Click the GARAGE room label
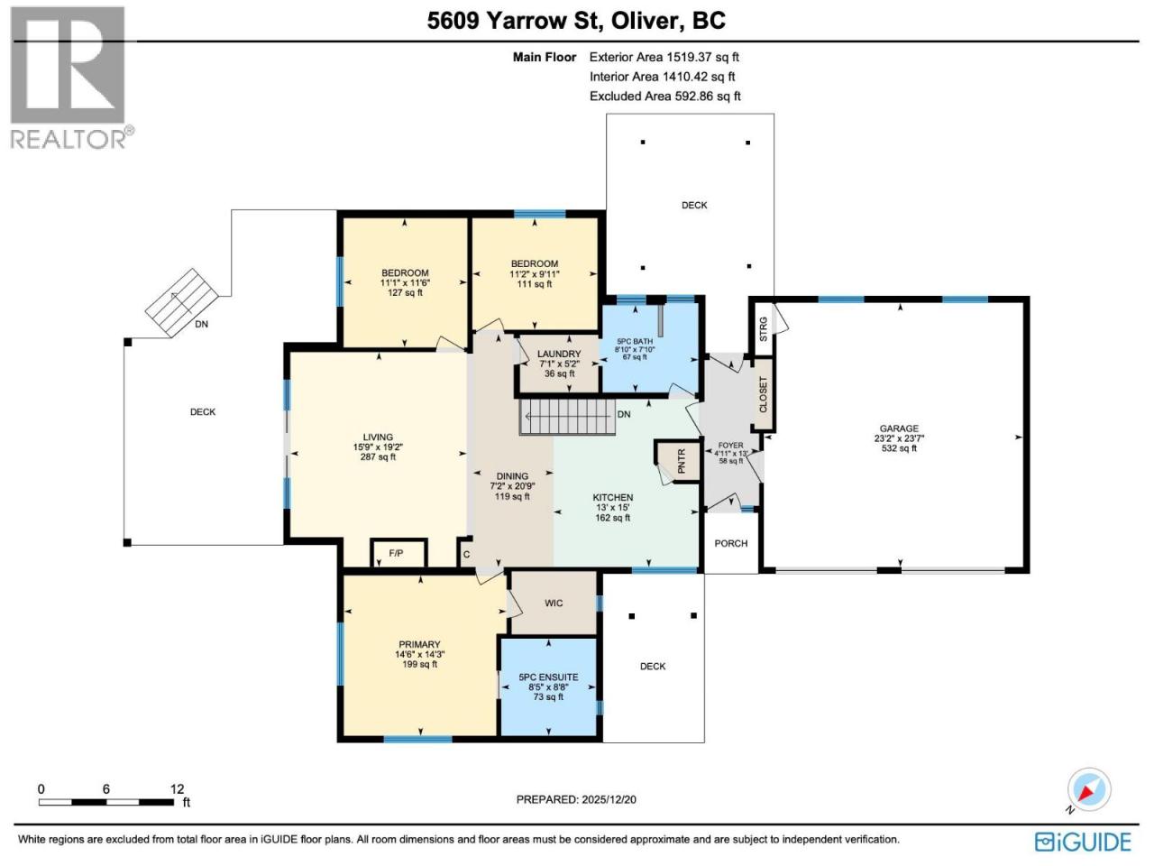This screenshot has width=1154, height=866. click(899, 428)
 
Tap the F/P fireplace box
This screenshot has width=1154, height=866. click(398, 553)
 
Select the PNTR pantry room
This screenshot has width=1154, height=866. click(680, 461)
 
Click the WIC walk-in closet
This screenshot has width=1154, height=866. click(554, 603)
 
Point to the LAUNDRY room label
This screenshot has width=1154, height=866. click(559, 354)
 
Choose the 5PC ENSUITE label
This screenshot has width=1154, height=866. click(548, 677)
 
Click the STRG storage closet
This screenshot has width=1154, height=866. click(763, 329)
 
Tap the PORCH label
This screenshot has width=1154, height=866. click(731, 543)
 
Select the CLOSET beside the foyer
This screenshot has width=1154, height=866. click(764, 394)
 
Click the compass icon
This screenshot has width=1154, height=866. click(1089, 789)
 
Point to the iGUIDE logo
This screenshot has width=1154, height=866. click(1083, 842)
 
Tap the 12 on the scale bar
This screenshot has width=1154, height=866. click(178, 789)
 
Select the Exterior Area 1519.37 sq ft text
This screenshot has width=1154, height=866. click(664, 57)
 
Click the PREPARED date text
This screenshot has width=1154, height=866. click(576, 800)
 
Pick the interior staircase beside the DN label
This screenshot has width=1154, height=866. click(567, 417)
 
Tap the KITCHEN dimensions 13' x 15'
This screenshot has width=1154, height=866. click(612, 507)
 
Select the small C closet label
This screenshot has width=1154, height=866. click(466, 554)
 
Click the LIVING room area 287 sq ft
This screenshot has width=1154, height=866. click(378, 457)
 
